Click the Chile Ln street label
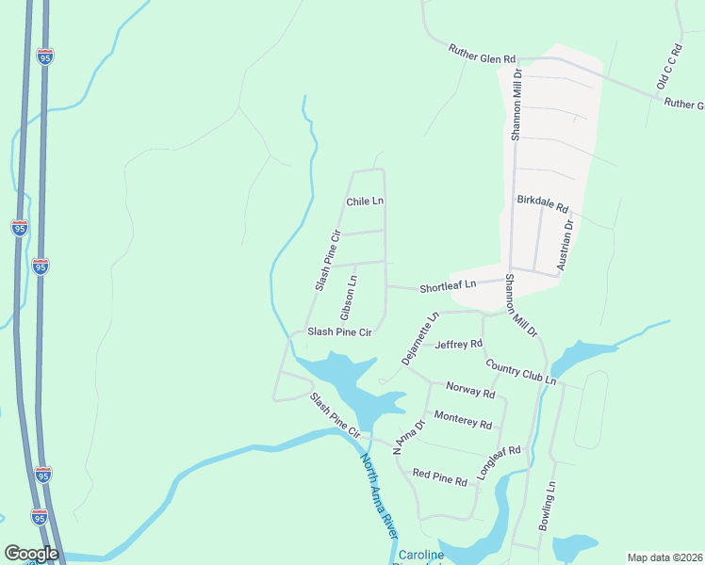[x=365, y=202]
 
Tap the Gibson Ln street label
[x=348, y=295]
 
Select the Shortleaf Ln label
[x=448, y=283]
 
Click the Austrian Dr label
[x=565, y=244]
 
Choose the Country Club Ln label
[x=520, y=372]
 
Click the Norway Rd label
[x=469, y=391]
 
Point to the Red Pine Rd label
[x=439, y=479]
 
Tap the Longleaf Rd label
[x=499, y=463]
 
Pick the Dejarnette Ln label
[x=420, y=337]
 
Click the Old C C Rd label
[x=668, y=66]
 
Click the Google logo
[x=31, y=554]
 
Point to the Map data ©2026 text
[x=665, y=557]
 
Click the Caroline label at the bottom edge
[x=419, y=556]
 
